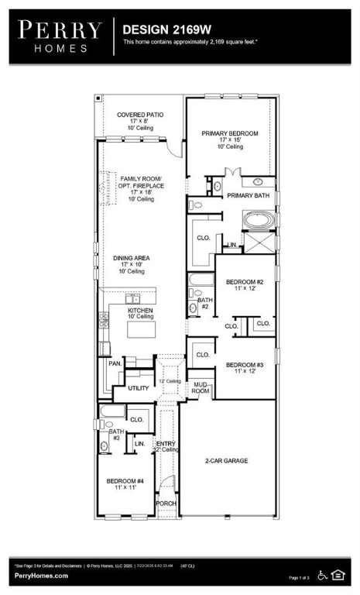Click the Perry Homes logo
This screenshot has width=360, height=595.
(60, 36)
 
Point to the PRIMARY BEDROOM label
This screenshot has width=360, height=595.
(230, 133)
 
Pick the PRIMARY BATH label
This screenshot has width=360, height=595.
(248, 196)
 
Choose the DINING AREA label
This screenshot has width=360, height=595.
(132, 258)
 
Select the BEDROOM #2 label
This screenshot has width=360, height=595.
(245, 282)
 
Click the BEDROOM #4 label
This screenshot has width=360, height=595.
(125, 481)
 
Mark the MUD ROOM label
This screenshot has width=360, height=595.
(201, 387)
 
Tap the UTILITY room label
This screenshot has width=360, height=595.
(138, 388)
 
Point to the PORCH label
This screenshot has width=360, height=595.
(166, 503)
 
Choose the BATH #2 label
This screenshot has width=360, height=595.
(205, 303)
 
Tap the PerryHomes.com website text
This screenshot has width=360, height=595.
(41, 576)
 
